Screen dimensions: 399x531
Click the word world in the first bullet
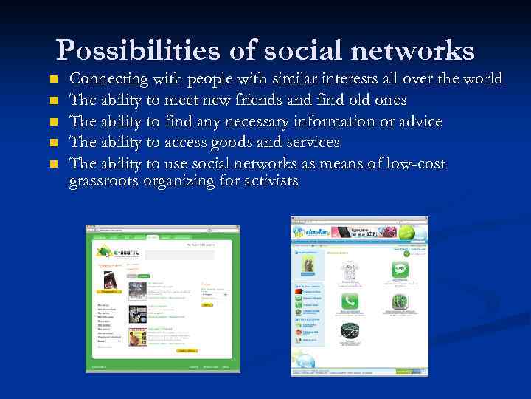click(482, 79)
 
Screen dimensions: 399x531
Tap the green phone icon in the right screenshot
click(350, 301)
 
